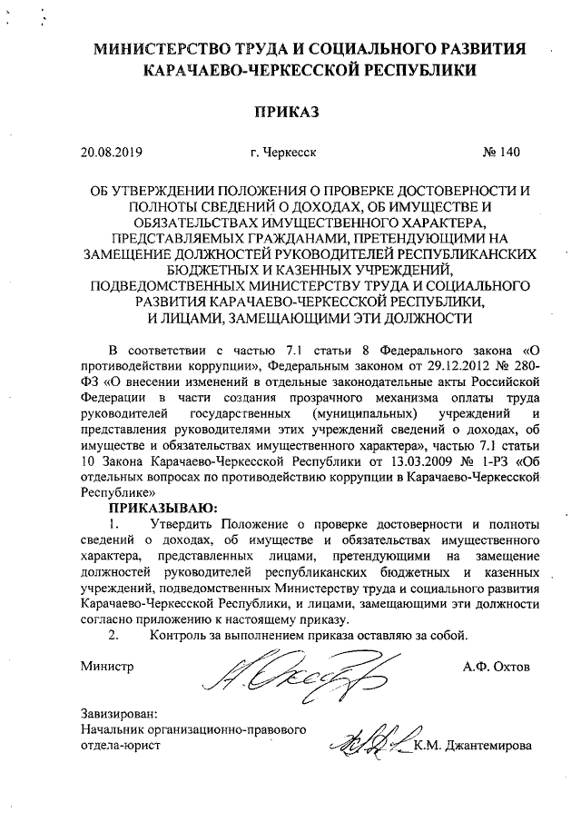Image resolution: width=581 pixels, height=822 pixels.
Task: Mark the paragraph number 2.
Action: click(x=113, y=633)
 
